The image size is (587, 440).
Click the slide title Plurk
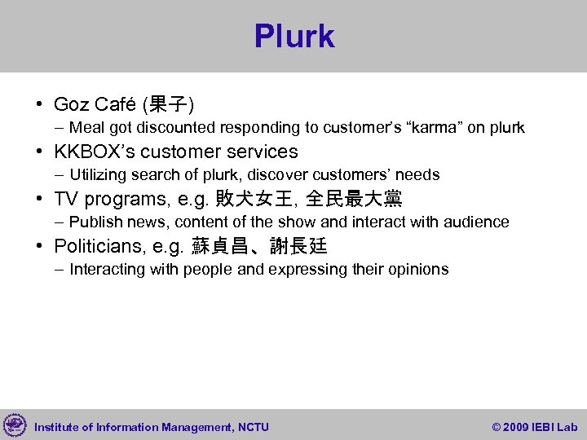(293, 37)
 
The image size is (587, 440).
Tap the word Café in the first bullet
(117, 104)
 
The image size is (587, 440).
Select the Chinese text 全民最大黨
(353, 199)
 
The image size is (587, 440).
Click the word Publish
(92, 222)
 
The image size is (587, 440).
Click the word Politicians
(99, 246)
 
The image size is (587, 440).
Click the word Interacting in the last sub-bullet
(105, 270)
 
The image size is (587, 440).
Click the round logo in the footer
(15, 425)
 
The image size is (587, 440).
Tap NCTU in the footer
(253, 427)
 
